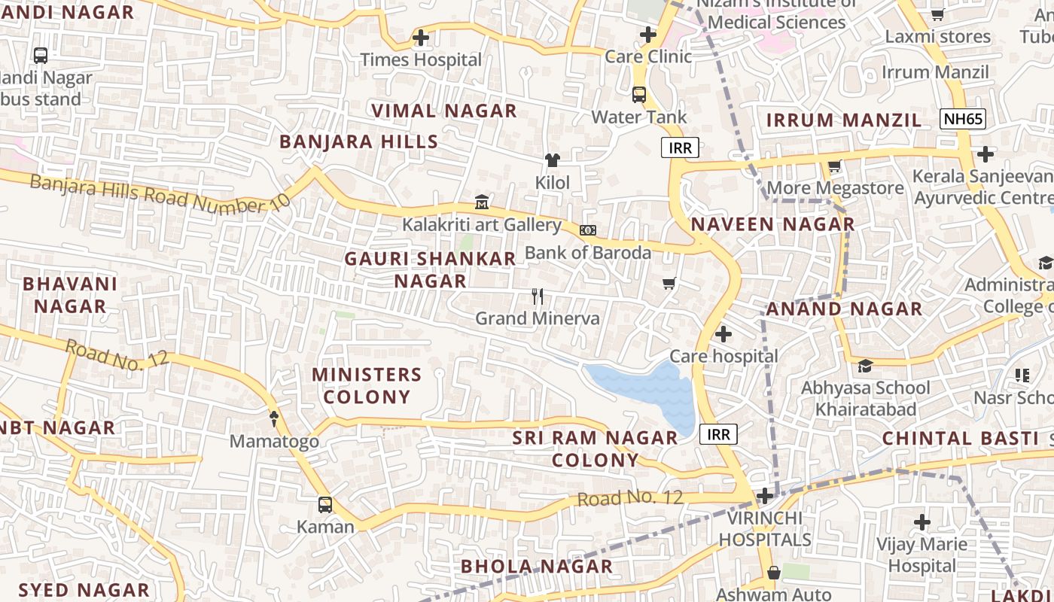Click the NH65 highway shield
pyautogui.click(x=963, y=118)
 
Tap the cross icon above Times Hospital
pyautogui.click(x=421, y=37)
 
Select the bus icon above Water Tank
pyautogui.click(x=638, y=95)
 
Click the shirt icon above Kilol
pyautogui.click(x=553, y=160)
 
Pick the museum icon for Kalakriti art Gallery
pyautogui.click(x=482, y=202)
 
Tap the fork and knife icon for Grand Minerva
pyautogui.click(x=538, y=296)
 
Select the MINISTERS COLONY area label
pyautogui.click(x=367, y=385)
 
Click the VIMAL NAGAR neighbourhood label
pyautogui.click(x=444, y=111)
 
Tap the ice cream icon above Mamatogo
pyautogui.click(x=274, y=418)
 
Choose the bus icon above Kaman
pyautogui.click(x=324, y=504)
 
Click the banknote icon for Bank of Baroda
pyautogui.click(x=588, y=230)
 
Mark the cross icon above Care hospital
pyautogui.click(x=723, y=333)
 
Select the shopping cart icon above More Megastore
pyautogui.click(x=834, y=166)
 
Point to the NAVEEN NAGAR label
pyautogui.click(x=773, y=223)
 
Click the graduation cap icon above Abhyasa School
pyautogui.click(x=865, y=366)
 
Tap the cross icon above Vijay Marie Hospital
pyautogui.click(x=922, y=521)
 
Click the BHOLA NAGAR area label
pyautogui.click(x=536, y=566)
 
